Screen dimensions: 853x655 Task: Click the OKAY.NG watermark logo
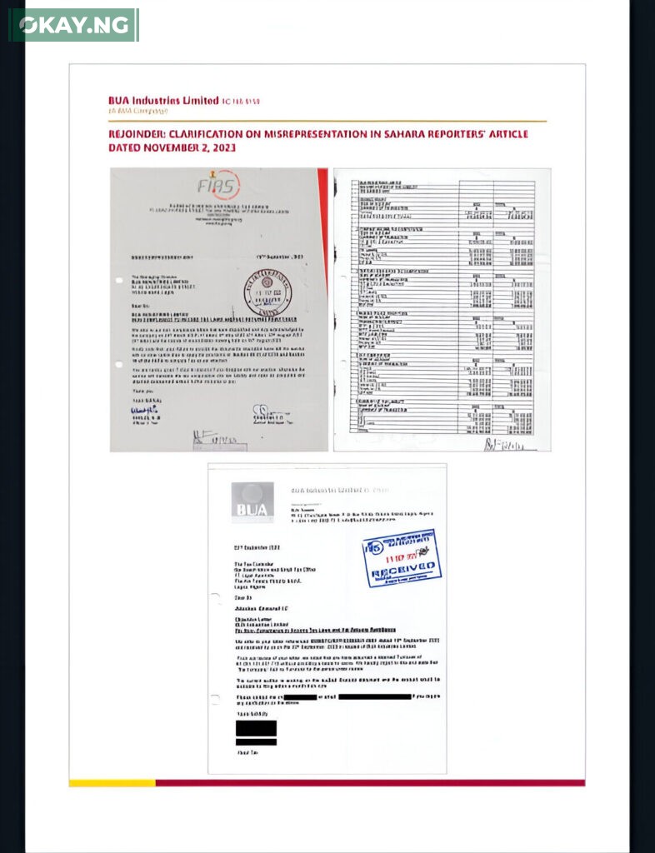tap(73, 25)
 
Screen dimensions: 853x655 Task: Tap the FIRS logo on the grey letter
tap(218, 187)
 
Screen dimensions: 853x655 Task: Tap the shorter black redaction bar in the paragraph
tap(300, 696)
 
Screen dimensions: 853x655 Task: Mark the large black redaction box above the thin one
tap(256, 727)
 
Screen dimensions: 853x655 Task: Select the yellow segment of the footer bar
tap(112, 783)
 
